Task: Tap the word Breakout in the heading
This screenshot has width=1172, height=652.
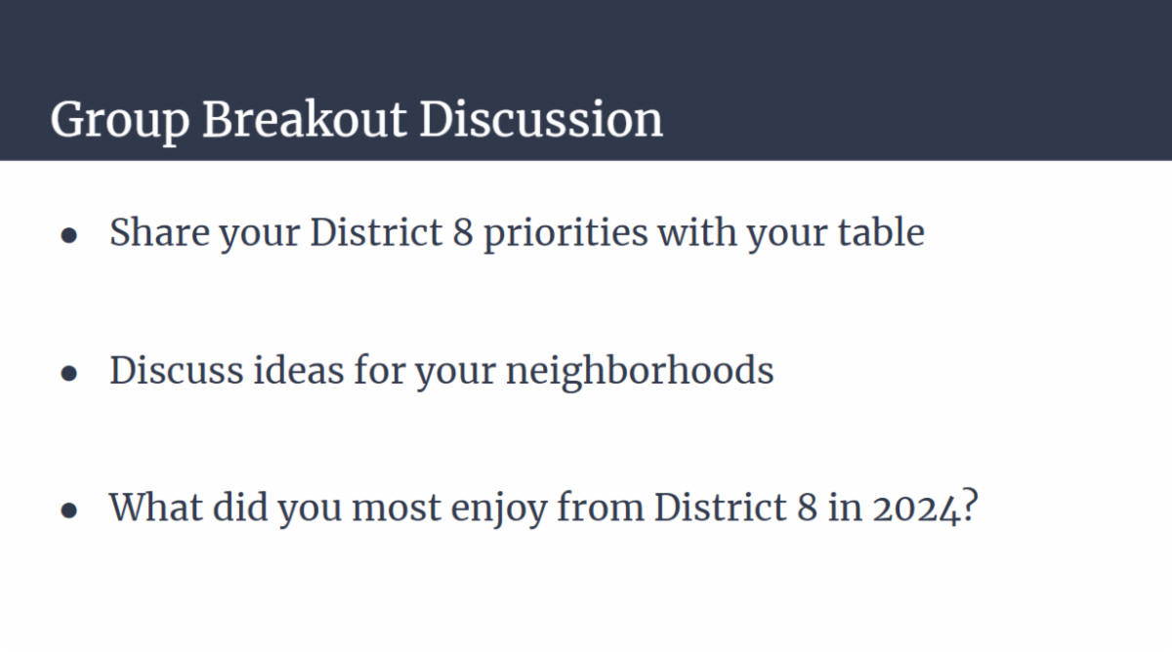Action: point(305,119)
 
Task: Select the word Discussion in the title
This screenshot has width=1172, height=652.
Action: point(541,119)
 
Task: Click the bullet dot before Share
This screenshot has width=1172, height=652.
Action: point(69,235)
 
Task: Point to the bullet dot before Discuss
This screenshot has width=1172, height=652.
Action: point(69,373)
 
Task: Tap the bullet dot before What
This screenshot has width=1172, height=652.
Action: point(69,510)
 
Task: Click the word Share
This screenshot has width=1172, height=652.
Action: point(159,232)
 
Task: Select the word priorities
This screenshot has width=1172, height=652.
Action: point(566,234)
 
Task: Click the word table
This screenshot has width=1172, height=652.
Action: point(882,232)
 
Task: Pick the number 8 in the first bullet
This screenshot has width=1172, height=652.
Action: point(463,232)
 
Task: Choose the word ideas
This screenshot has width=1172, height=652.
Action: point(299,370)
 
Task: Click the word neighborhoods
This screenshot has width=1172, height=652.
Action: point(640,372)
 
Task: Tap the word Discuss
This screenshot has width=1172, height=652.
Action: point(177,370)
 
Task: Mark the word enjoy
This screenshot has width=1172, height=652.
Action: point(499,509)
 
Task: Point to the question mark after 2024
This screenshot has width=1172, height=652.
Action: point(970,505)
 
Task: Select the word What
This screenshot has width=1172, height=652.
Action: point(156,508)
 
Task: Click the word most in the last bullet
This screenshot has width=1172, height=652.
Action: point(397,509)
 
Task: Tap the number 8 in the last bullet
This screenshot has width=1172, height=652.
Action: point(808,508)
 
